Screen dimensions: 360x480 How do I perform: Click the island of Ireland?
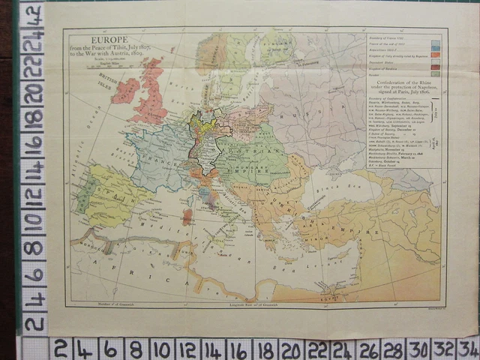(125, 91)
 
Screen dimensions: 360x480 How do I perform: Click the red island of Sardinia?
(187, 217)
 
